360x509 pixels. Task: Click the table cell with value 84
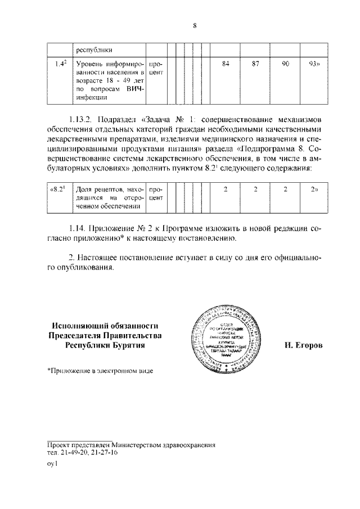click(225, 64)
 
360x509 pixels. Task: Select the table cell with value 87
click(255, 64)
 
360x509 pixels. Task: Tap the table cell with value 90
click(285, 64)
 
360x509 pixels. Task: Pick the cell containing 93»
click(315, 64)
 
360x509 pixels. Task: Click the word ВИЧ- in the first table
click(135, 89)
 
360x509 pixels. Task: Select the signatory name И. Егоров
click(303, 345)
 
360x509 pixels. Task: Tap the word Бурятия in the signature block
click(127, 346)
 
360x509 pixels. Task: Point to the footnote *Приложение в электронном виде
click(100, 371)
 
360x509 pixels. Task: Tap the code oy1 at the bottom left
click(52, 465)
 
